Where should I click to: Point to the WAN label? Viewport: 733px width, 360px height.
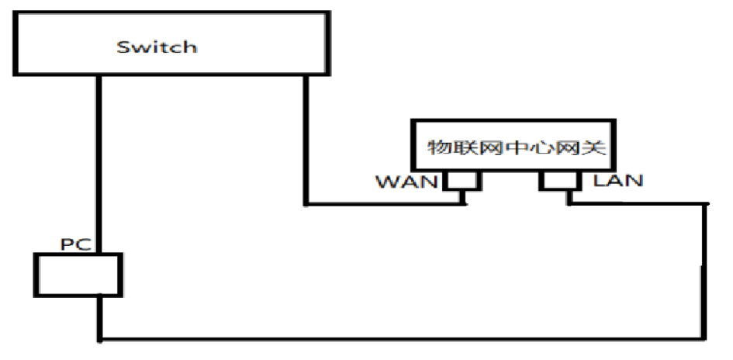(x=406, y=182)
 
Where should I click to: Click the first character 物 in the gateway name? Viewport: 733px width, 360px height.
(x=440, y=147)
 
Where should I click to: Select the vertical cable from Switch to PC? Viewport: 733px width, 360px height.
(x=99, y=163)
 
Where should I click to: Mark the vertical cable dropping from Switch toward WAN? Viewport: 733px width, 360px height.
(x=306, y=140)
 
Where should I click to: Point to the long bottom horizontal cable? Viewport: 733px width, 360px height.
(x=403, y=339)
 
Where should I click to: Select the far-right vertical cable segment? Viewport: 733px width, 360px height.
(x=705, y=272)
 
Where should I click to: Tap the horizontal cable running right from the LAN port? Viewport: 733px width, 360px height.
(x=636, y=204)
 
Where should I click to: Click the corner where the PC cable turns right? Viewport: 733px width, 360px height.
(x=100, y=339)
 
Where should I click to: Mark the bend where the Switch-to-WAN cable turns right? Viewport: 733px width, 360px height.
(x=306, y=204)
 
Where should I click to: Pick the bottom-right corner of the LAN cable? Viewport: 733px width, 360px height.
(x=705, y=339)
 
